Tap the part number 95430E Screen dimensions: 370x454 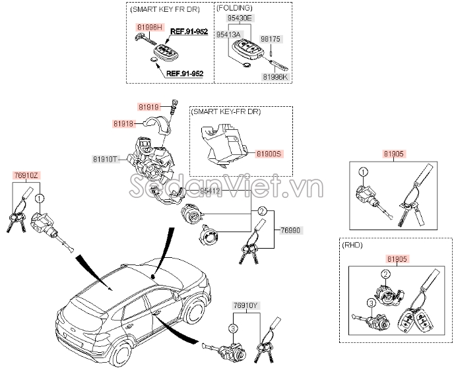(239, 19)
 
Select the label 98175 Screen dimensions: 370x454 (271, 39)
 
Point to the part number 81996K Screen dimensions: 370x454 (276, 77)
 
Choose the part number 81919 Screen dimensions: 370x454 (149, 106)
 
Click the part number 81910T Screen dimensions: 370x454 (106, 159)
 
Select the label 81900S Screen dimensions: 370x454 (269, 153)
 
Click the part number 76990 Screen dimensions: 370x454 (290, 230)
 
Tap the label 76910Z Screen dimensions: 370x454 (26, 175)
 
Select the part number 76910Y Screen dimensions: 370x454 (245, 306)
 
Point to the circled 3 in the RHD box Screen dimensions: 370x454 (372, 302)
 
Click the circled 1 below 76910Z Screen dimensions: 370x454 (40, 199)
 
